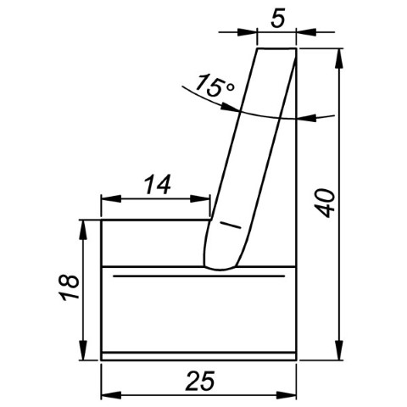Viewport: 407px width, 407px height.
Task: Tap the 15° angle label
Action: pyautogui.click(x=215, y=86)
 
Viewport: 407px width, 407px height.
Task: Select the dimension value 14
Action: pyautogui.click(x=158, y=184)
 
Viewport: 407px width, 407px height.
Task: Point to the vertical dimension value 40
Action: pyautogui.click(x=325, y=203)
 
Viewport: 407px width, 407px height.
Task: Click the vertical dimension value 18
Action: pyautogui.click(x=68, y=287)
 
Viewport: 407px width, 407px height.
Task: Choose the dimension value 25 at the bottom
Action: pyautogui.click(x=200, y=381)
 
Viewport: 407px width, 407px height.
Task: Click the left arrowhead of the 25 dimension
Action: pyautogui.click(x=111, y=395)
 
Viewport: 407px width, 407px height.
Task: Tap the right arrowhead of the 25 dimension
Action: pyautogui.click(x=286, y=395)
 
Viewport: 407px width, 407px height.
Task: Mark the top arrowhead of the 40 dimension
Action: pyautogui.click(x=339, y=59)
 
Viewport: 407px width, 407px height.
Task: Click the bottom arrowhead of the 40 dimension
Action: pyautogui.click(x=339, y=350)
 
